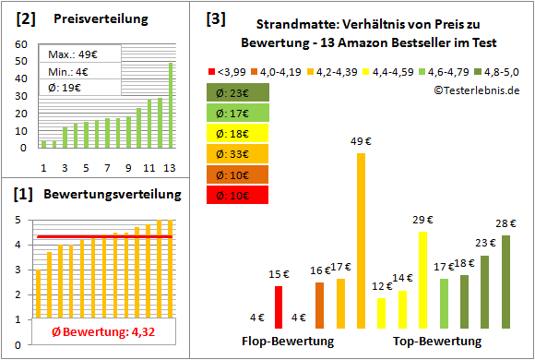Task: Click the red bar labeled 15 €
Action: pyautogui.click(x=279, y=306)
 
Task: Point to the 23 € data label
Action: pyautogui.click(x=485, y=244)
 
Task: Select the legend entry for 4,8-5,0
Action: pyautogui.click(x=495, y=70)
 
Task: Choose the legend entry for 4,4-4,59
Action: pyautogui.click(x=390, y=70)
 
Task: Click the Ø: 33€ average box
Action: pyautogui.click(x=239, y=152)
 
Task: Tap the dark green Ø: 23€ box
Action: pyautogui.click(x=239, y=92)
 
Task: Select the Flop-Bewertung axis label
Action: pyautogui.click(x=288, y=342)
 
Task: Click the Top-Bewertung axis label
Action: pyautogui.click(x=437, y=342)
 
